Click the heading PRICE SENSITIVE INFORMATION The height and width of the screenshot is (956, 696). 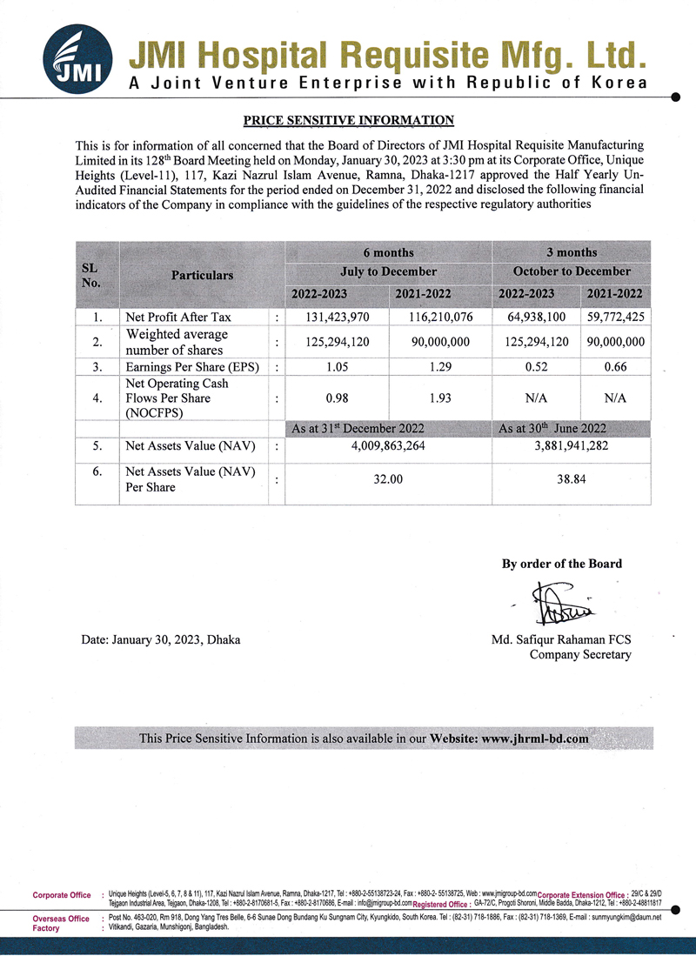tap(348, 120)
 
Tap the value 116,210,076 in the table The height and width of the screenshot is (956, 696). tap(442, 318)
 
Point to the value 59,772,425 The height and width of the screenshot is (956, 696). tap(615, 318)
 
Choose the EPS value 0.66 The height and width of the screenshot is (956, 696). tap(615, 366)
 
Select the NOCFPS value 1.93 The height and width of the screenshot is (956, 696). tap(442, 398)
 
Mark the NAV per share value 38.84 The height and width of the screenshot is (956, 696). tap(572, 479)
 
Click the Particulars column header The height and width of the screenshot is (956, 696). tap(202, 275)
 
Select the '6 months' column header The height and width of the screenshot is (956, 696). tap(388, 252)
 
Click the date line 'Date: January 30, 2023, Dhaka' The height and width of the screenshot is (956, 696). tap(161, 639)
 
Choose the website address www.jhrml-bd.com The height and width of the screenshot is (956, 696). tap(534, 738)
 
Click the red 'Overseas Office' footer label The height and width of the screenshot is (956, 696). tap(61, 919)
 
